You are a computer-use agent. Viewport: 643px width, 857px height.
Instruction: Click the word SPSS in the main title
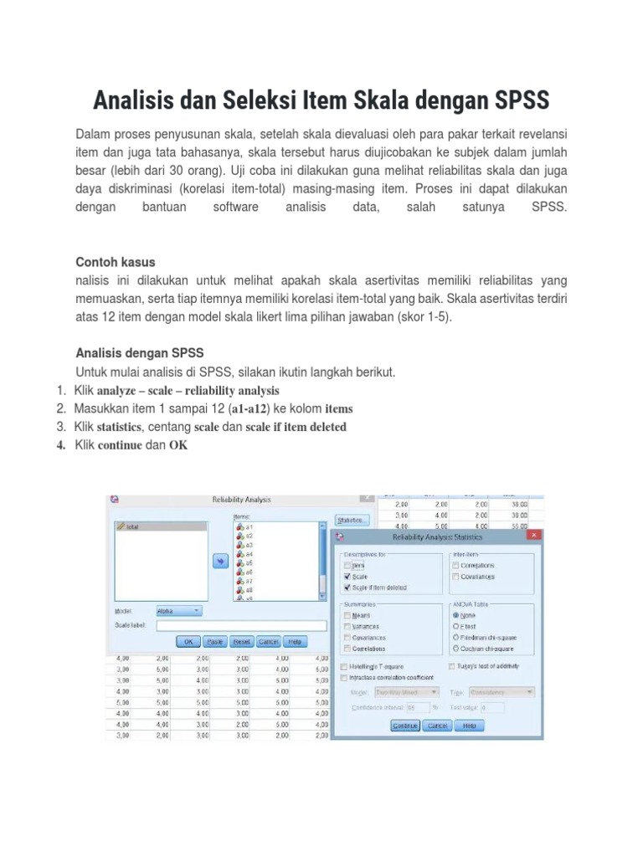[512, 100]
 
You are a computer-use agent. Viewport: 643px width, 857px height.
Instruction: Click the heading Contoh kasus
[116, 262]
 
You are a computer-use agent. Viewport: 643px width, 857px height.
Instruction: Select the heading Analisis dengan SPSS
[140, 352]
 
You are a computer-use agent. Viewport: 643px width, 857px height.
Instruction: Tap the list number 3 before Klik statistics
[61, 427]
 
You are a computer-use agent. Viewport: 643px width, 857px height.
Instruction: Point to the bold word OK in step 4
[178, 445]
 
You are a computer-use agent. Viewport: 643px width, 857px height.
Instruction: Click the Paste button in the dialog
[215, 641]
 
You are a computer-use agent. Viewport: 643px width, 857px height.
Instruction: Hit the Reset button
[242, 641]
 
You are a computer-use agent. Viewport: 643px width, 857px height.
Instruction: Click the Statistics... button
[351, 521]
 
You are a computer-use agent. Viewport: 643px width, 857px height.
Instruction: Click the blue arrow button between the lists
[221, 562]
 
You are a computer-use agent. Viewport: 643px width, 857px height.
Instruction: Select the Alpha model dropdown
[177, 611]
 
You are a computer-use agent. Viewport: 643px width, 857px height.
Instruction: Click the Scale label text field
[241, 625]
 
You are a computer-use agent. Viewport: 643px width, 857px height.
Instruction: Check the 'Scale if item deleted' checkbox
[347, 588]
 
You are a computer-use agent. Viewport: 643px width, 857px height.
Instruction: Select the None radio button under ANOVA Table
[456, 614]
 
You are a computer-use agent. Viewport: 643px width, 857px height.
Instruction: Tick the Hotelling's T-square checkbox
[345, 666]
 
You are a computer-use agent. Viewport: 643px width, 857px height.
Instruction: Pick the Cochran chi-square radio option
[456, 649]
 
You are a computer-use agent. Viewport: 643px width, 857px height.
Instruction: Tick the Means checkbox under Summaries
[347, 614]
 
